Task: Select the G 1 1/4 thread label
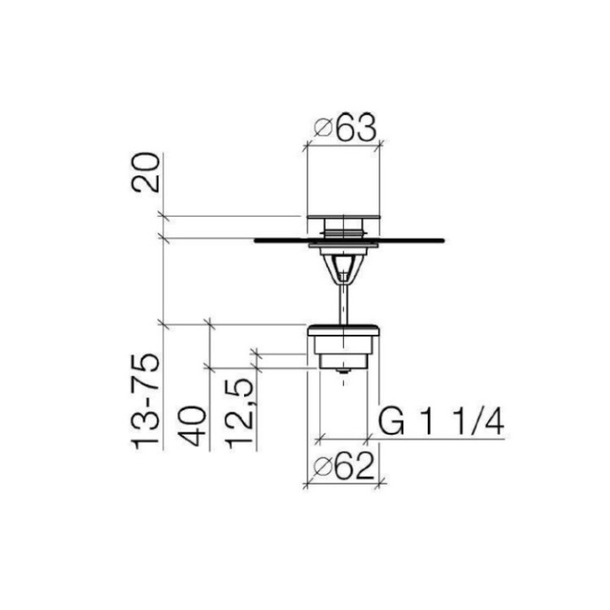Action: click(441, 421)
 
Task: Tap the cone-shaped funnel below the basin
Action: click(342, 267)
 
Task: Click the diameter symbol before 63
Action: click(322, 130)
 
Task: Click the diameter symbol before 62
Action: click(321, 468)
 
